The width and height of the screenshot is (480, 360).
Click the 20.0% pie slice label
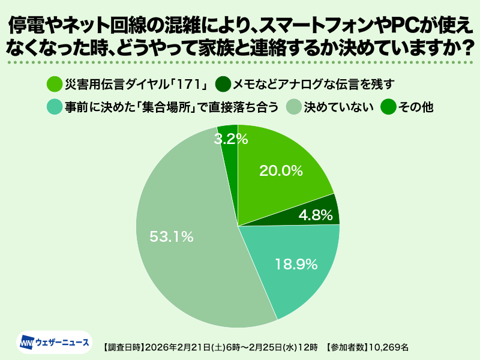pyautogui.click(x=280, y=170)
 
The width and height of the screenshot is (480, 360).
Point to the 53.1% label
pyautogui.click(x=172, y=236)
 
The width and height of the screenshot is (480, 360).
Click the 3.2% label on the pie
pyautogui.click(x=230, y=139)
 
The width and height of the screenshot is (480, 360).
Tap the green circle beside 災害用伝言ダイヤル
pyautogui.click(x=53, y=83)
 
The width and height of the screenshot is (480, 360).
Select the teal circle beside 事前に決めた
pyautogui.click(x=53, y=107)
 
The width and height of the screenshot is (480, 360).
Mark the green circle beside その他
pyautogui.click(x=389, y=107)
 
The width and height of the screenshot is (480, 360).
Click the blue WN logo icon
pyautogui.click(x=28, y=343)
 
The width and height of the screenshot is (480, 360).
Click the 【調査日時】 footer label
pyautogui.click(x=122, y=347)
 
